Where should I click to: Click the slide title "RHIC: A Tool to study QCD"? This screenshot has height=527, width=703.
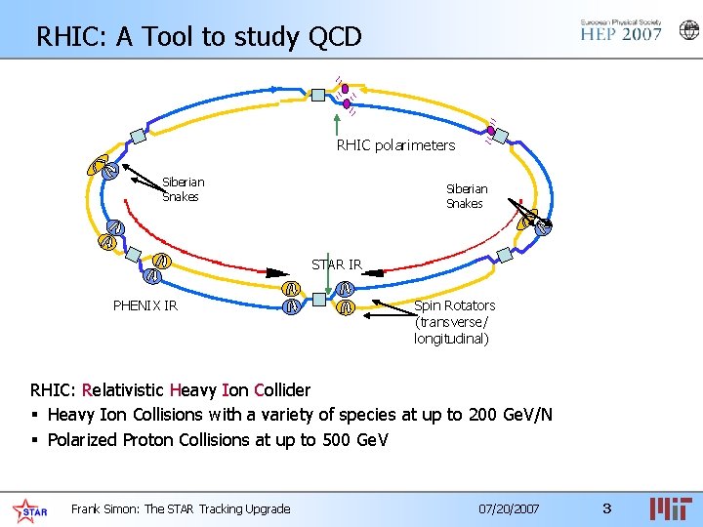coord(199,37)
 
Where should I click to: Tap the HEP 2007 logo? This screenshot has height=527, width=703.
coord(621,30)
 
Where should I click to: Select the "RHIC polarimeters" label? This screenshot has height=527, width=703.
coord(395,145)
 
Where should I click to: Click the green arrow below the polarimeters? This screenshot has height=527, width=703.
coord(336,123)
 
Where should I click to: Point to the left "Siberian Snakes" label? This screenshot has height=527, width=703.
coord(183,189)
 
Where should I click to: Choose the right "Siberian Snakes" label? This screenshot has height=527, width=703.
coord(466,196)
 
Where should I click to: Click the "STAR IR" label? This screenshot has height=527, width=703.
coord(337,264)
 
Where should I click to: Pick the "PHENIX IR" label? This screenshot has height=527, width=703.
coord(145,305)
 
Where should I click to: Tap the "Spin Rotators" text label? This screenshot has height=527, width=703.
coord(454,305)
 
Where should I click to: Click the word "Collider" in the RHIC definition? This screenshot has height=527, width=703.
coord(282,390)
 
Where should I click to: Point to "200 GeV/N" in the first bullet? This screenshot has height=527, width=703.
coord(511,415)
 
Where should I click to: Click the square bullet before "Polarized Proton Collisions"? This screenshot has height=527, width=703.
coord(36,440)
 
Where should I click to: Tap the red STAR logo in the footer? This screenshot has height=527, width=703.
coord(29,509)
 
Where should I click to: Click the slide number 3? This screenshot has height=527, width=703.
coord(606,508)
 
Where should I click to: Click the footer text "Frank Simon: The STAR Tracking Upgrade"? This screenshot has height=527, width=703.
coord(181,508)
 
